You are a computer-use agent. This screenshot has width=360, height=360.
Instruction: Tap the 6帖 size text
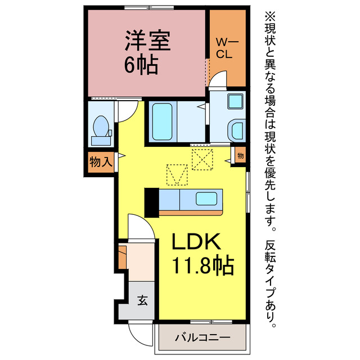pos(141,66)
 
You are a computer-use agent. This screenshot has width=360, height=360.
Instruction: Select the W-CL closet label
pos(228,48)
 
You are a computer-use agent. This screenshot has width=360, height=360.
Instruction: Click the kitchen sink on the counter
pos(206,199)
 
